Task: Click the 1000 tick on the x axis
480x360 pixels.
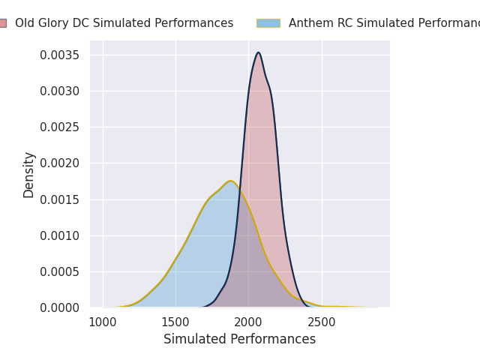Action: (x=103, y=322)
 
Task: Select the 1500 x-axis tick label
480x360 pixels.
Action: (x=175, y=322)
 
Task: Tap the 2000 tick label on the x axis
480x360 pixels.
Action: (x=248, y=322)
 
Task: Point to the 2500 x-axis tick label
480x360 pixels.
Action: (x=322, y=322)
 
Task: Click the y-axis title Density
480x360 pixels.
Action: (x=29, y=175)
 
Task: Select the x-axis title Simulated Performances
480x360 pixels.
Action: (x=240, y=339)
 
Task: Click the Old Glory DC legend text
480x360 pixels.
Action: (x=124, y=23)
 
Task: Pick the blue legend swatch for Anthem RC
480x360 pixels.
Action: (x=268, y=23)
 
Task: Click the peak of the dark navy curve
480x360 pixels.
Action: (x=258, y=52)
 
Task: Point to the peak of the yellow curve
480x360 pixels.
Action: (x=230, y=181)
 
